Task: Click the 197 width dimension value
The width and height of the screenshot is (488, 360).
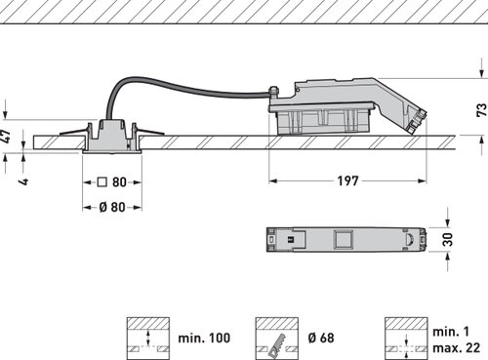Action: pos(347,180)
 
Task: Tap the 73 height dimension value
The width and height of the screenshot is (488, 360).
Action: pos(481,110)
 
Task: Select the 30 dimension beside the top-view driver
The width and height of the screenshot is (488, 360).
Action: pos(448,240)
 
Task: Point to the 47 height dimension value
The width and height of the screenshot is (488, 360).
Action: pos(6,137)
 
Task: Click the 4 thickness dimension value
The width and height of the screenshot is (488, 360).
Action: pos(23,180)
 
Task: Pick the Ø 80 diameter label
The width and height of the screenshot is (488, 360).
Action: pos(112,207)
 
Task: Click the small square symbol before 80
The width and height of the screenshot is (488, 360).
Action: pos(102,181)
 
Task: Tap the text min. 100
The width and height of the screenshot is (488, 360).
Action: pos(204,338)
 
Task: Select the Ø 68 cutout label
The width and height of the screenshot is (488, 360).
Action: pos(321,338)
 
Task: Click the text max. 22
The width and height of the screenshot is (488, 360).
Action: pos(456,347)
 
